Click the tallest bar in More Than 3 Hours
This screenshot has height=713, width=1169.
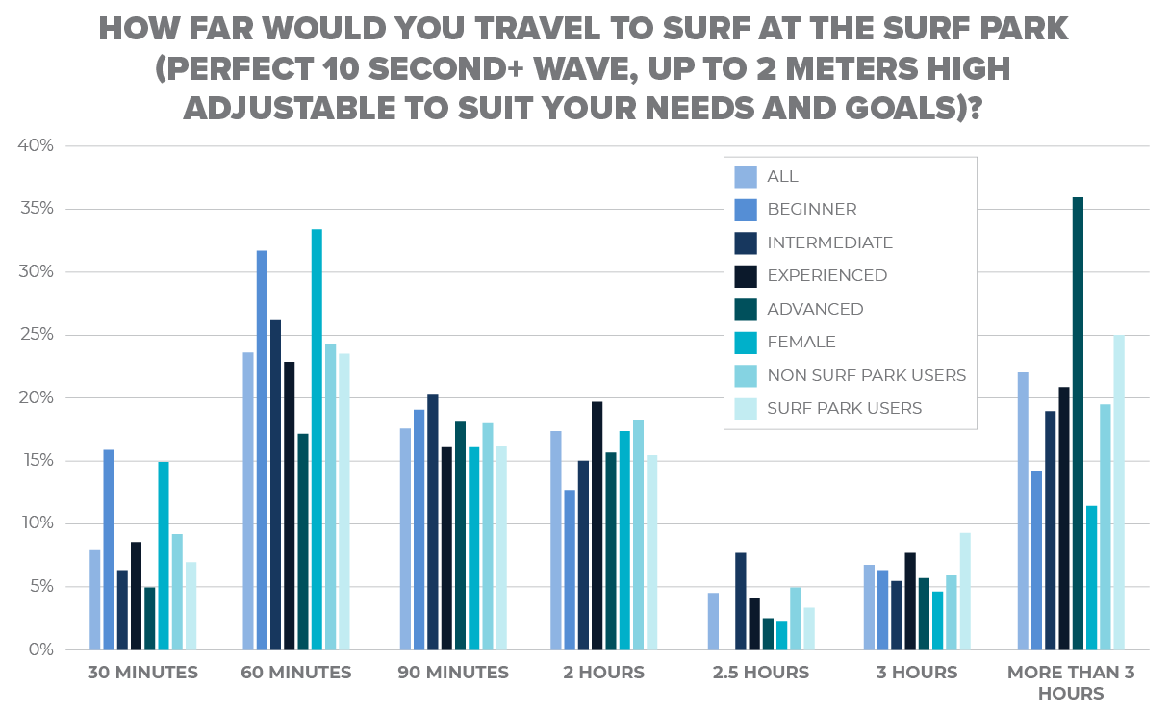tap(1078, 423)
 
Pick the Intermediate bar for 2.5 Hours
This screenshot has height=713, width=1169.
tap(741, 601)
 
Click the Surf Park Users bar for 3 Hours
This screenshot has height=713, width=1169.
tap(965, 592)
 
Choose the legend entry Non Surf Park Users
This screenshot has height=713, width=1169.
tap(866, 375)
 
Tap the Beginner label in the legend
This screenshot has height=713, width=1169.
tap(811, 209)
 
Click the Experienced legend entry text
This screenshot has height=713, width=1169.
tap(826, 275)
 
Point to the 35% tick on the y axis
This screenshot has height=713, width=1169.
tap(39, 209)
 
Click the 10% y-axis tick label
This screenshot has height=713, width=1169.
tap(39, 523)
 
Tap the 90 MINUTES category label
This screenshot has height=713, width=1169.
tap(453, 673)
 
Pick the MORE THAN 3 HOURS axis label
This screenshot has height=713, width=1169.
tap(1071, 682)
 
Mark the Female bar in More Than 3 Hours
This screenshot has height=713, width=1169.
tap(1091, 577)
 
